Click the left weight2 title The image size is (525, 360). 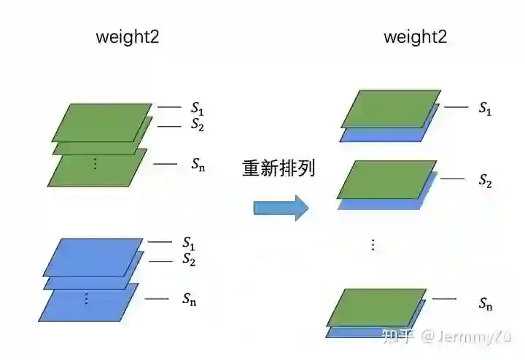click(128, 37)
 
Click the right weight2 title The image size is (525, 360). click(415, 37)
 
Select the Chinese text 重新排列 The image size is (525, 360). click(279, 168)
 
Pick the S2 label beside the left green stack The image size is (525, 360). click(198, 125)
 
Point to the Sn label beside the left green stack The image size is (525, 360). click(198, 164)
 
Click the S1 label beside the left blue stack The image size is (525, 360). click(189, 242)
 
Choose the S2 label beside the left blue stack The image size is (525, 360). click(189, 259)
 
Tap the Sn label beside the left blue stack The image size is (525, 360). click(189, 298)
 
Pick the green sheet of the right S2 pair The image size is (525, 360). click(386, 179)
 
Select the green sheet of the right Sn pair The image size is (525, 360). click(376, 307)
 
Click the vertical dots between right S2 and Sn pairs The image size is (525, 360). click(373, 245)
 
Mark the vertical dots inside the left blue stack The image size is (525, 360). click(86, 298)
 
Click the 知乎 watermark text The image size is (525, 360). click(399, 336)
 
